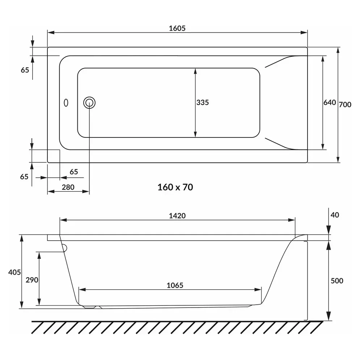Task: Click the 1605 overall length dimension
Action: (x=177, y=28)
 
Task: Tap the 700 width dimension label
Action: (x=345, y=105)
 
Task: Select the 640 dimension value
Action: (x=330, y=102)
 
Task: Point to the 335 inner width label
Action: (x=203, y=102)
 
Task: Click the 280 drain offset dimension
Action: (x=68, y=187)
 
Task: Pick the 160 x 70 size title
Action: (x=175, y=187)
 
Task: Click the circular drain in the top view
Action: (x=89, y=103)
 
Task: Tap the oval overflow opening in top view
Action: (x=66, y=103)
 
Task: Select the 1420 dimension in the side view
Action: (x=177, y=216)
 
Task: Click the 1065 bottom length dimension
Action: (x=175, y=285)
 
